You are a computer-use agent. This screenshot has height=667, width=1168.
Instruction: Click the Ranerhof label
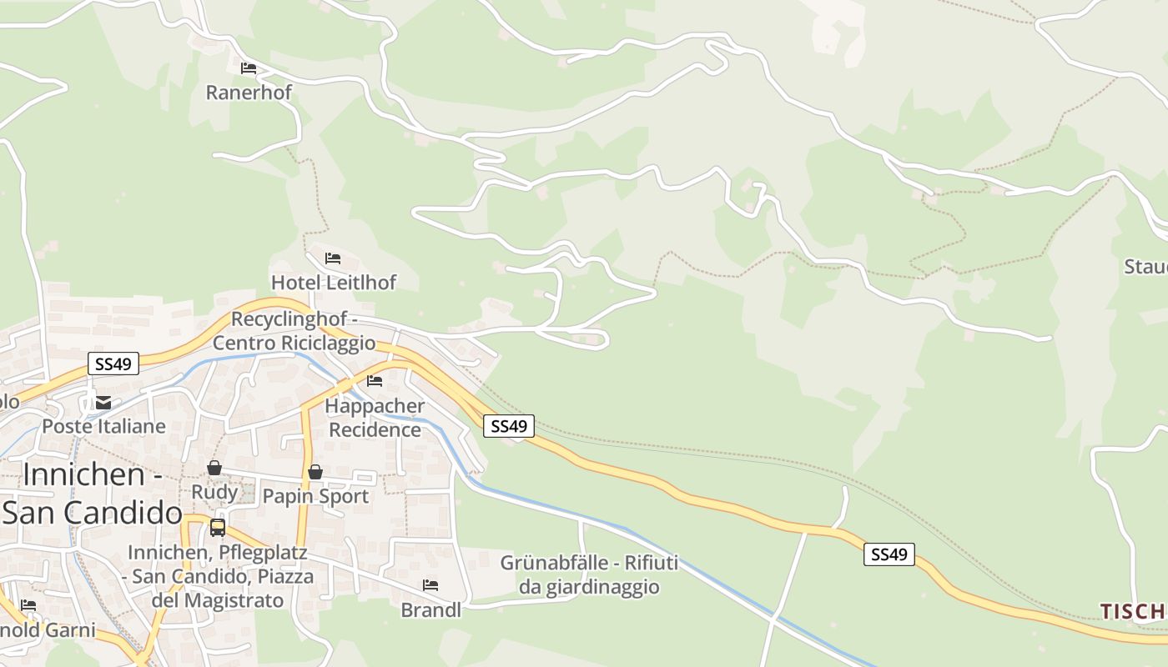pyautogui.click(x=249, y=92)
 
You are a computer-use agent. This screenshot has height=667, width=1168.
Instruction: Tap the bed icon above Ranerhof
pyautogui.click(x=248, y=68)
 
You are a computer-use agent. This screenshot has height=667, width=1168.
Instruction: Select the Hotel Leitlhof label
pyautogui.click(x=334, y=283)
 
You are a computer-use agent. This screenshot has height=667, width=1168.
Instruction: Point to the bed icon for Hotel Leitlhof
pyautogui.click(x=333, y=258)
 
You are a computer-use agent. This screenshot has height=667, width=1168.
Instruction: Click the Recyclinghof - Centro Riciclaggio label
pyautogui.click(x=295, y=331)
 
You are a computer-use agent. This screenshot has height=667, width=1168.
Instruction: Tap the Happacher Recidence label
pyautogui.click(x=375, y=418)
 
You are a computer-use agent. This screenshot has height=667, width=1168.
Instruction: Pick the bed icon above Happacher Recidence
pyautogui.click(x=375, y=381)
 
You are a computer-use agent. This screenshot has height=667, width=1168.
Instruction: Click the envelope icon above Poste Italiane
pyautogui.click(x=103, y=403)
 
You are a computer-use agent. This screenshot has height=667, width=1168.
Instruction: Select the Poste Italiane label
pyautogui.click(x=103, y=426)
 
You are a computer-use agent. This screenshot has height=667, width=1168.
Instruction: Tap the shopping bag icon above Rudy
pyautogui.click(x=214, y=468)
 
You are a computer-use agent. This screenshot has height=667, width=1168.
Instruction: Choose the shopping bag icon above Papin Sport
pyautogui.click(x=315, y=472)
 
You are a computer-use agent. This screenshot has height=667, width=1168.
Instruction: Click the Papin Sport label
pyautogui.click(x=315, y=496)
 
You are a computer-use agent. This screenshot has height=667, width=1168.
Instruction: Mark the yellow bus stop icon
pyautogui.click(x=218, y=527)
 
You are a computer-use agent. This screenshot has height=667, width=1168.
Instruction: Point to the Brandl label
pyautogui.click(x=430, y=609)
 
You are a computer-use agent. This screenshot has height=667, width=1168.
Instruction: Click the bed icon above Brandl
pyautogui.click(x=430, y=585)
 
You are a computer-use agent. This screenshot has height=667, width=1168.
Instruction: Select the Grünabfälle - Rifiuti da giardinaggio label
pyautogui.click(x=589, y=574)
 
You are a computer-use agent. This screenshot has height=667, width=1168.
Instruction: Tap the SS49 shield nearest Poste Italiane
pyautogui.click(x=113, y=364)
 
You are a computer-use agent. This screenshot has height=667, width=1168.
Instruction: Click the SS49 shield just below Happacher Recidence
pyautogui.click(x=509, y=426)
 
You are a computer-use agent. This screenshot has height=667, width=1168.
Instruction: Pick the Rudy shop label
pyautogui.click(x=214, y=492)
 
